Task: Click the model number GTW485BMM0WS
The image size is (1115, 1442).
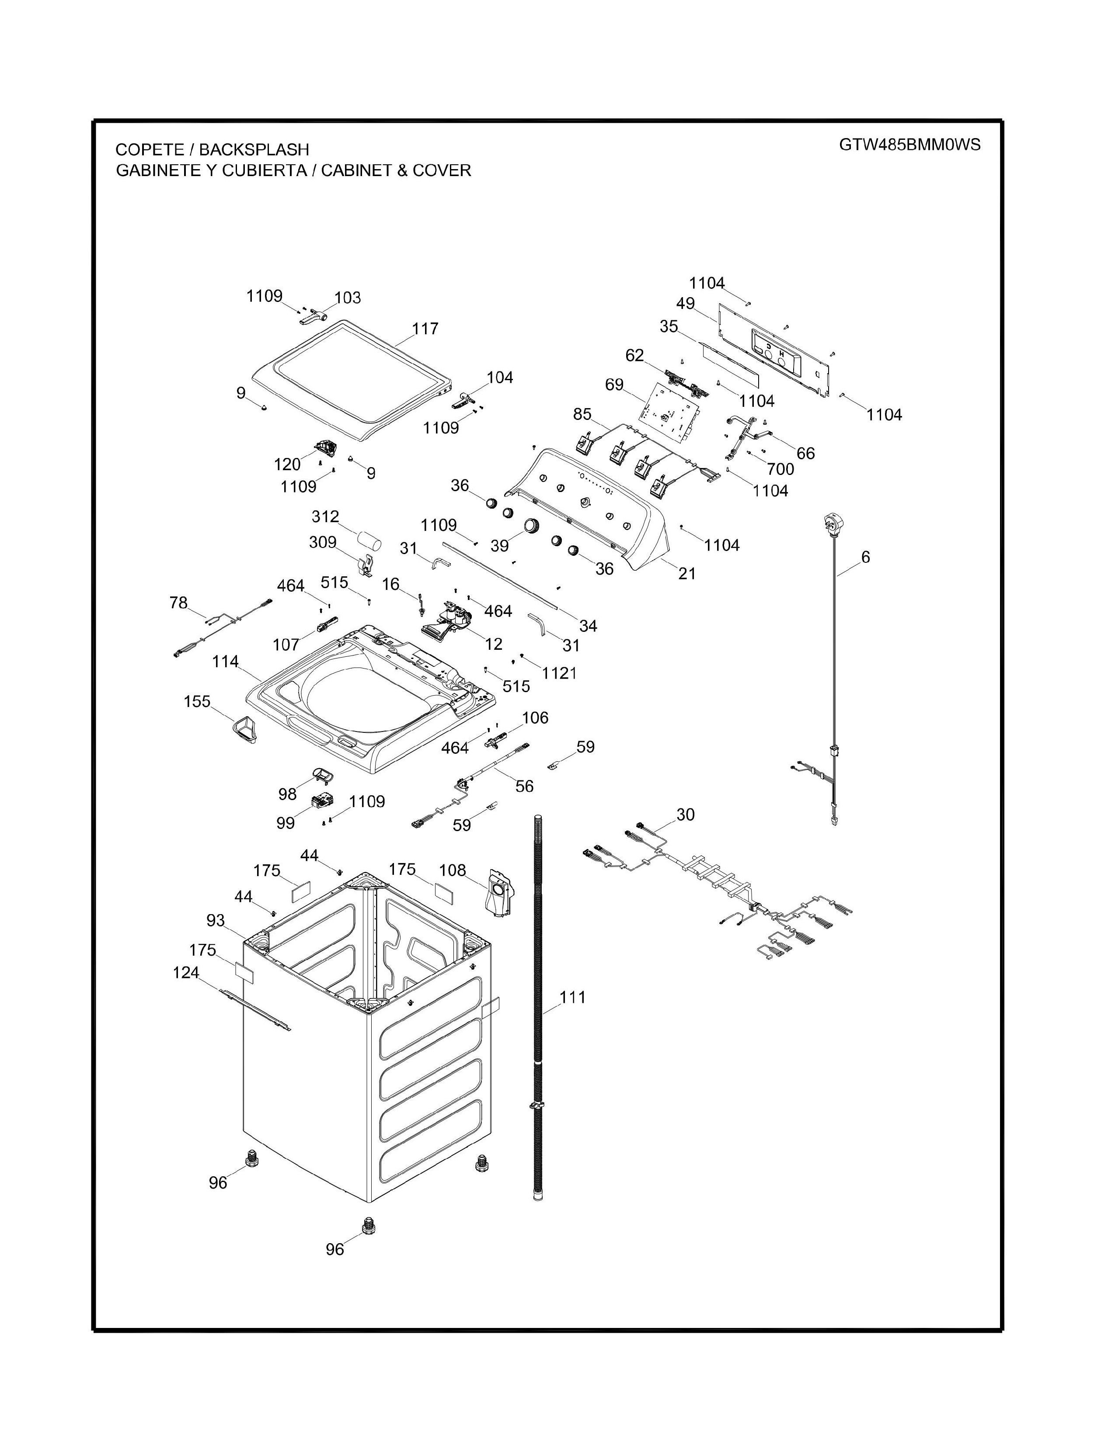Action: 909,145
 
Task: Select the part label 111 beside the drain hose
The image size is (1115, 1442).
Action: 573,997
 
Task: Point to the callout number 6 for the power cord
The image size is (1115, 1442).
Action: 865,557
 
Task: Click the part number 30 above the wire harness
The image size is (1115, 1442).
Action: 686,815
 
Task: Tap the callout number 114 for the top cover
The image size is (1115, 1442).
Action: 225,662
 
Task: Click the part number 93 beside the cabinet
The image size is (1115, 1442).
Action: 215,920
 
